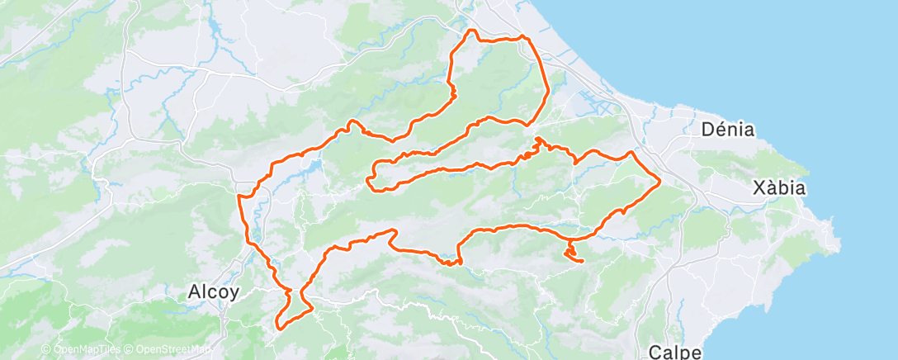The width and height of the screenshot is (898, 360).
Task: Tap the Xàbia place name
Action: pyautogui.click(x=779, y=188)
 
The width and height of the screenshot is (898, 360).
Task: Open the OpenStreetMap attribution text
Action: pyautogui.click(x=174, y=350)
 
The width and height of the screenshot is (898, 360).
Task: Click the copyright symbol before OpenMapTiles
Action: pyautogui.click(x=46, y=350)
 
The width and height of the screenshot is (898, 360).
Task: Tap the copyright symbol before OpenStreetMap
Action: pyautogui.click(x=130, y=350)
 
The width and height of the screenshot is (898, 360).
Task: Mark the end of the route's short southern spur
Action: pyautogui.click(x=583, y=262)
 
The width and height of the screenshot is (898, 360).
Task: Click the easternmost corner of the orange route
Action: pyautogui.click(x=661, y=179)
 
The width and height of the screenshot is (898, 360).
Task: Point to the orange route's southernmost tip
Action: pyautogui.click(x=279, y=328)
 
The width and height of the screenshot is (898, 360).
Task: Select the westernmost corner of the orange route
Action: pyautogui.click(x=239, y=197)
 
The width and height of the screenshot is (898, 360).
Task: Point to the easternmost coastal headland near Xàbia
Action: pyautogui.click(x=839, y=244)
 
